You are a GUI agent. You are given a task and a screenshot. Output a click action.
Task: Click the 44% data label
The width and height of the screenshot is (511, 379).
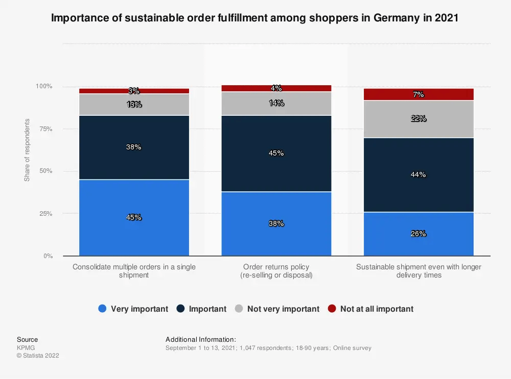coord(419,174)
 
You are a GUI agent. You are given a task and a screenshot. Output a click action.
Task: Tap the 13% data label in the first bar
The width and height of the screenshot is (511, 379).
coord(134,105)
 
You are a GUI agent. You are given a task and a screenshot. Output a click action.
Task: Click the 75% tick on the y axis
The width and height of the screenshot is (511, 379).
coord(45,129)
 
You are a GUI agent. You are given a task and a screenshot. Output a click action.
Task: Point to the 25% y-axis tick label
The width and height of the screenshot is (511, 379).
coord(45,214)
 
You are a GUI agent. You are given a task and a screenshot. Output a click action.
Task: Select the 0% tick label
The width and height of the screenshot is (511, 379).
coord(48,256)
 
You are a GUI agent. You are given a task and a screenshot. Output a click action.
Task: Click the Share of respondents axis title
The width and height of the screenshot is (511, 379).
coord(27,150)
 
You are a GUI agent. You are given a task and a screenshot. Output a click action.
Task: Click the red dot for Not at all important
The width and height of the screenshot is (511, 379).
coord(332,309)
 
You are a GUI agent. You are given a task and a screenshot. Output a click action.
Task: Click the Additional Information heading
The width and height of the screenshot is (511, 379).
coord(201,339)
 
